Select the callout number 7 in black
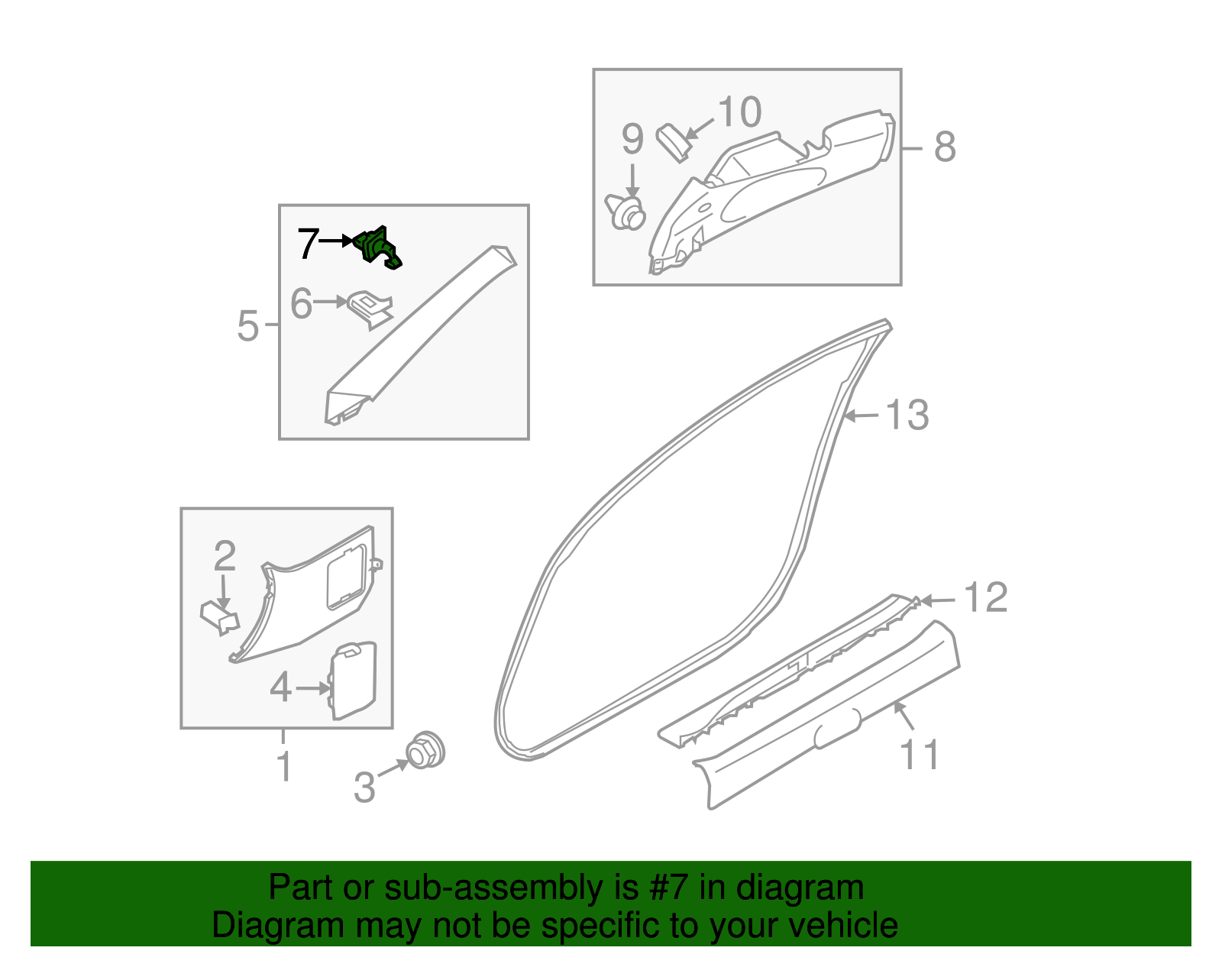[308, 244]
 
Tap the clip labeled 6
[370, 308]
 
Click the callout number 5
[248, 326]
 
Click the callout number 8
[945, 147]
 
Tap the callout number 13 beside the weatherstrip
[907, 416]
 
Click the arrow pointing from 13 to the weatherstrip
[862, 416]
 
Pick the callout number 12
[986, 597]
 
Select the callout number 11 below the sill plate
[920, 755]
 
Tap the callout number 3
[365, 787]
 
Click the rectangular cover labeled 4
[354, 681]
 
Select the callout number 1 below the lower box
[284, 767]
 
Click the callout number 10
[739, 113]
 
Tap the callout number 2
[225, 557]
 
